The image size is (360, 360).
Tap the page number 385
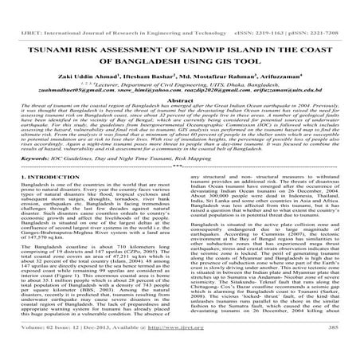[x=345, y=351]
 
